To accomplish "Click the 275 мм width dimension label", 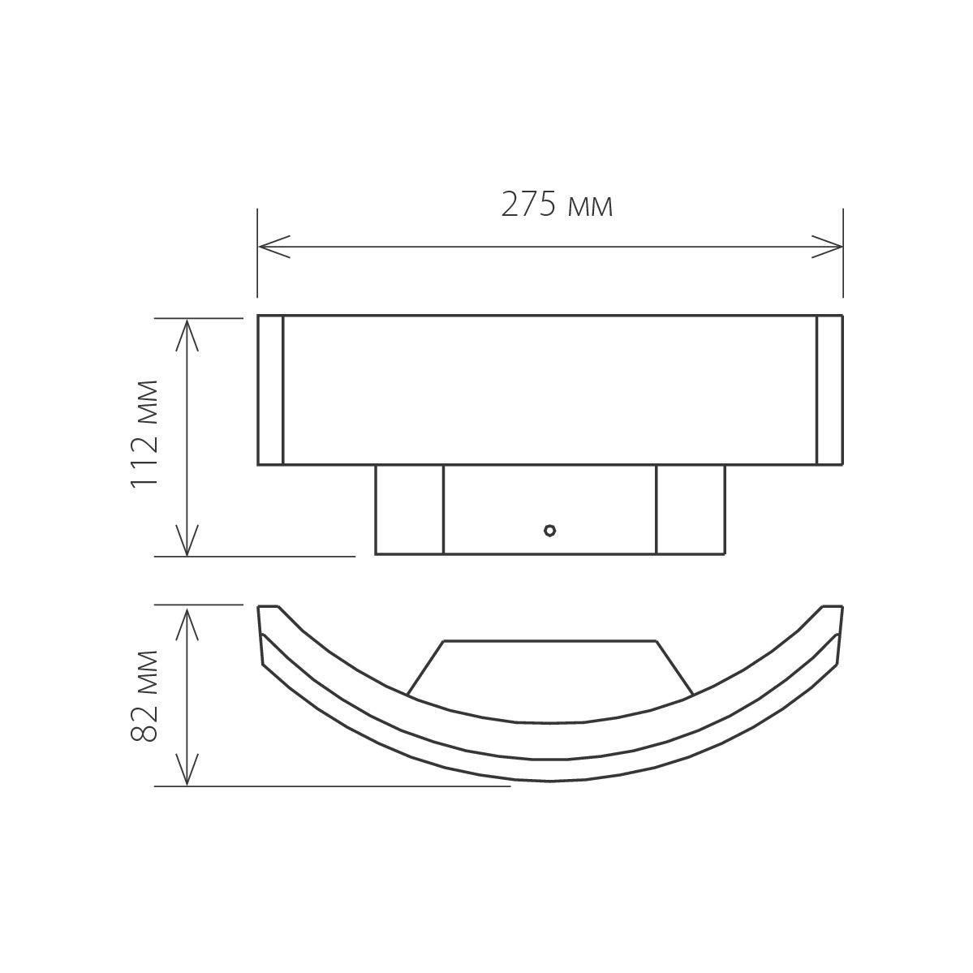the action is tap(557, 205).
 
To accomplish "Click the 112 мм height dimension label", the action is tap(144, 434).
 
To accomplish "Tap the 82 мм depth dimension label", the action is tap(144, 695).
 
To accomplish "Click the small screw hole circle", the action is tap(549, 530).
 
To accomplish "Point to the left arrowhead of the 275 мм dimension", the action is tap(273, 247).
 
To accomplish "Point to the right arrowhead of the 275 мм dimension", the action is tap(827, 247).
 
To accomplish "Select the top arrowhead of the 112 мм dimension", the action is tap(187, 334).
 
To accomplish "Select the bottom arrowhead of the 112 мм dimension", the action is tap(187, 540).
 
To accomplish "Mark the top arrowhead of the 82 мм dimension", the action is tap(187, 623).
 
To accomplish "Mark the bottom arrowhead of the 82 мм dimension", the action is tap(187, 769).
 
